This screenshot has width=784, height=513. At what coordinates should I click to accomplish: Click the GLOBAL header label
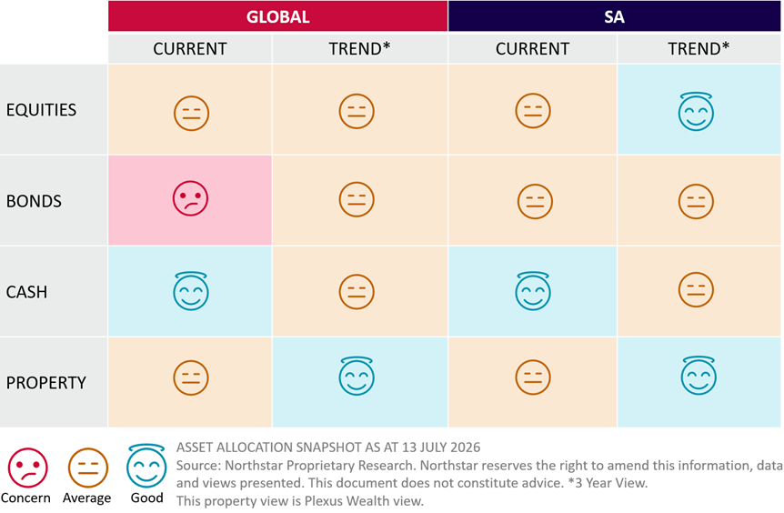pyautogui.click(x=278, y=17)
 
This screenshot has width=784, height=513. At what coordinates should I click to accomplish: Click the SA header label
pyautogui.click(x=614, y=17)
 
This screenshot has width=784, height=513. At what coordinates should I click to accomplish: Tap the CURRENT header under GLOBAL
pyautogui.click(x=190, y=49)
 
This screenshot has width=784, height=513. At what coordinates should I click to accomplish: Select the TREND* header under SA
pyautogui.click(x=699, y=48)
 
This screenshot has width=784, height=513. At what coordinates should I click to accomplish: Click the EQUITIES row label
pyautogui.click(x=41, y=109)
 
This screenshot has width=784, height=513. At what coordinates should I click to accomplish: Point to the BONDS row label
pyautogui.click(x=34, y=201)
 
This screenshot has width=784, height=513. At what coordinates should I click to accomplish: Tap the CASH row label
pyautogui.click(x=26, y=292)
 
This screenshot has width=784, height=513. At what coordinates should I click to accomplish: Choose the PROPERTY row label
pyautogui.click(x=46, y=383)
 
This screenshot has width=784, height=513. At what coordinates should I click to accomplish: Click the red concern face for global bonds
pyautogui.click(x=190, y=198)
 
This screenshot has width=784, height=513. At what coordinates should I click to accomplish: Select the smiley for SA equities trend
pyautogui.click(x=696, y=112)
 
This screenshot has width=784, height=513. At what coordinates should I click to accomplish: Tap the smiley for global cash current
pyautogui.click(x=191, y=291)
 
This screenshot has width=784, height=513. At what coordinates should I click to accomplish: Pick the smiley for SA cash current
pyautogui.click(x=533, y=291)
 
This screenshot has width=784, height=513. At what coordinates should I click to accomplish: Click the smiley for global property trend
pyautogui.click(x=357, y=377)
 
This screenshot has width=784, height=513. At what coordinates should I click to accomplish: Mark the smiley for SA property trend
pyautogui.click(x=699, y=376)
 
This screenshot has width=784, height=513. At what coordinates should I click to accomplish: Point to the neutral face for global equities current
pyautogui.click(x=192, y=113)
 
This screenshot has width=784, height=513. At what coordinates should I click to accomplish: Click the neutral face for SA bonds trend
pyautogui.click(x=696, y=202)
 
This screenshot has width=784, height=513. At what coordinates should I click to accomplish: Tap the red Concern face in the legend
pyautogui.click(x=28, y=468)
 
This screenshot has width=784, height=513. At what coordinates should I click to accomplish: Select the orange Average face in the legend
pyautogui.click(x=88, y=468)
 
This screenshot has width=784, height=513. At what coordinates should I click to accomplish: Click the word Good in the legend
pyautogui.click(x=147, y=498)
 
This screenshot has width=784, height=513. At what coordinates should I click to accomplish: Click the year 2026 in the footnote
pyautogui.click(x=466, y=447)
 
